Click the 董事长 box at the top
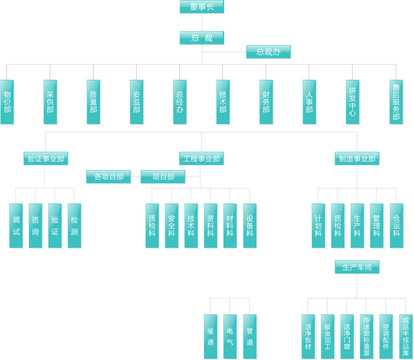pyautogui.click(x=202, y=7)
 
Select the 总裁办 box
pyautogui.click(x=268, y=52)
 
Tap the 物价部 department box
pyautogui.click(x=7, y=102)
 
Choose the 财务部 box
pyautogui.click(x=266, y=102)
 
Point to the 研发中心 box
pyautogui.click(x=353, y=102)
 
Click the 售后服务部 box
pyautogui.click(x=396, y=102)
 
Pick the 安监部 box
pyautogui.click(x=137, y=102)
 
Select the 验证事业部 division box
pyautogui.click(x=46, y=158)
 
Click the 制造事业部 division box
pyautogui.click(x=357, y=158)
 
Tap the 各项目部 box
pyautogui.click(x=108, y=177)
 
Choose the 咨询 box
pyautogui.click(x=35, y=226)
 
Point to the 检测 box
pyautogui.click(x=74, y=226)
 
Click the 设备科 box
pyautogui.click(x=250, y=226)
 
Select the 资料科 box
pyautogui.click(x=211, y=226)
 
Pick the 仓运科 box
pyautogui.click(x=396, y=226)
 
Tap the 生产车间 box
pyautogui.click(x=357, y=267)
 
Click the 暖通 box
pyautogui.click(x=211, y=337)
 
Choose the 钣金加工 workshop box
pyautogui.click(x=328, y=337)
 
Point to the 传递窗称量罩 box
pyautogui.click(x=367, y=337)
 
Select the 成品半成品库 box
pyautogui.click(x=406, y=337)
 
